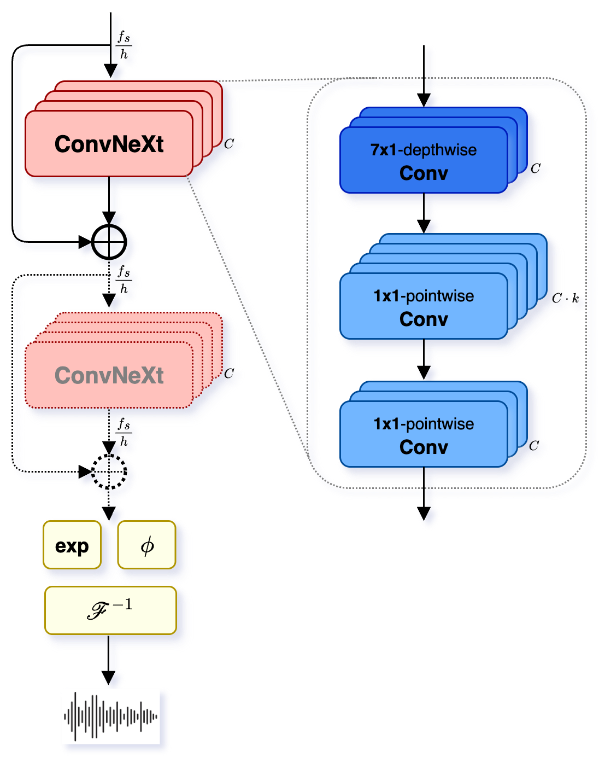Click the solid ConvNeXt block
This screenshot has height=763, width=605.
point(109,144)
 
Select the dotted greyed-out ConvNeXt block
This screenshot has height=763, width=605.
point(109,375)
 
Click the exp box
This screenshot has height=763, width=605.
point(72,545)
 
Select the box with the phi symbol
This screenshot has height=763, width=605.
point(146,545)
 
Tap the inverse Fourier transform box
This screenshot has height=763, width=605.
point(110,610)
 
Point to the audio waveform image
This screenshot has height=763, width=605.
point(110,716)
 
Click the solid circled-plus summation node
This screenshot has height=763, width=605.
point(109,241)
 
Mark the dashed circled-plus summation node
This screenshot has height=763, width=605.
point(109,471)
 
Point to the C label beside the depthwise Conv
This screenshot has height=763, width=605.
point(535,168)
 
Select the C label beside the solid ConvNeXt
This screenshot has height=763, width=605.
point(229,144)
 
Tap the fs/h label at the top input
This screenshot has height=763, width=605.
point(124,45)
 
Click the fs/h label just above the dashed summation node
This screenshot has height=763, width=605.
point(124,432)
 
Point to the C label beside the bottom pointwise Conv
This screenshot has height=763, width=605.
point(534,446)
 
